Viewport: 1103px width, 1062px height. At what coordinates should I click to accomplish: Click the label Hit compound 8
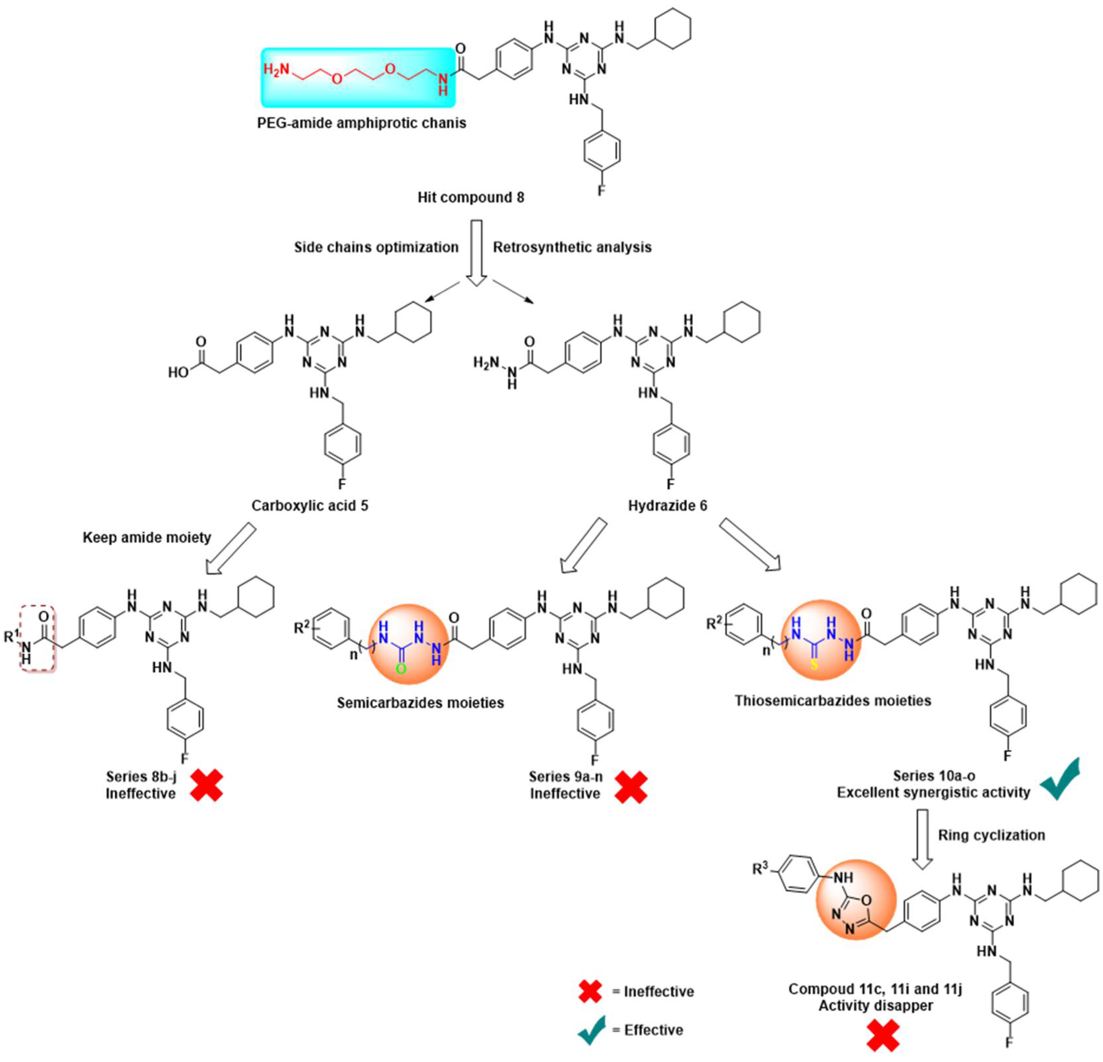[x=471, y=197]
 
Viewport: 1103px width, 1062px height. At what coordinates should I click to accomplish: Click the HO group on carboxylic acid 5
[x=178, y=372]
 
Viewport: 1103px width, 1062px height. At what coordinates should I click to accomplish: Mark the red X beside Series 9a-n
[x=630, y=786]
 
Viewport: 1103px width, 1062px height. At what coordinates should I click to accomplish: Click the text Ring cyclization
[x=991, y=835]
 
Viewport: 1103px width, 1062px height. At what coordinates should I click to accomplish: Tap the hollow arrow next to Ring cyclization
[x=922, y=838]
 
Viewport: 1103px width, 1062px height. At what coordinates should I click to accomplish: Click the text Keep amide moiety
[x=147, y=538]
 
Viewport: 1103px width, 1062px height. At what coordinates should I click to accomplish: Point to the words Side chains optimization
[x=376, y=247]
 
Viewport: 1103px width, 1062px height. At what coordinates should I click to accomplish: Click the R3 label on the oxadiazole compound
[x=760, y=869]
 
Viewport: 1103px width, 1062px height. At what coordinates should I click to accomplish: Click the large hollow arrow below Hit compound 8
[x=476, y=253]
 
